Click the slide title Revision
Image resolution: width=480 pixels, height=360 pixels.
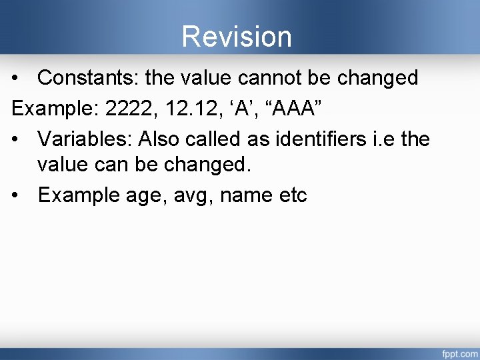pyautogui.click(x=237, y=37)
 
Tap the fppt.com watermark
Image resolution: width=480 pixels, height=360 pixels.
pyautogui.click(x=459, y=351)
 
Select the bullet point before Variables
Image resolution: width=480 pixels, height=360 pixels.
pyautogui.click(x=16, y=139)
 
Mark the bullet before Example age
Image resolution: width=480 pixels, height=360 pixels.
pyautogui.click(x=16, y=196)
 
